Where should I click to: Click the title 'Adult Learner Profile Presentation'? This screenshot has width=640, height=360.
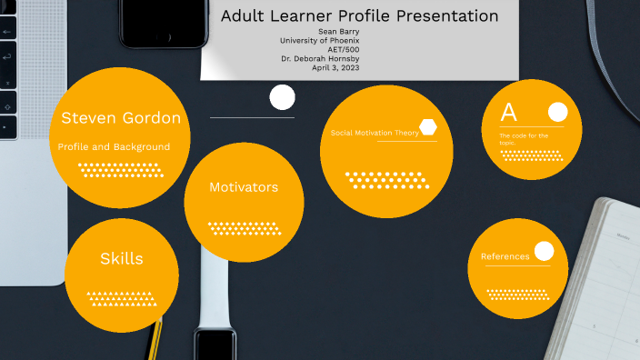click(x=360, y=16)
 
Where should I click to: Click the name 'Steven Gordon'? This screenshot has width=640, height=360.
click(x=121, y=118)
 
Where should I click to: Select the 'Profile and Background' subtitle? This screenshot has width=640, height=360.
click(x=114, y=146)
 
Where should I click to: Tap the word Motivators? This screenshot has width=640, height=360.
click(x=244, y=187)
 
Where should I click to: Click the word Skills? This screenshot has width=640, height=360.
click(x=122, y=259)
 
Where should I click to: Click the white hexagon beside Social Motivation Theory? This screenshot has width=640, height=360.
click(x=427, y=128)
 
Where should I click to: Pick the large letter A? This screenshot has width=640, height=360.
click(x=509, y=113)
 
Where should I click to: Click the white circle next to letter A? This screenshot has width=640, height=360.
click(x=557, y=112)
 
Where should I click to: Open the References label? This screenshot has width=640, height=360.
click(x=505, y=256)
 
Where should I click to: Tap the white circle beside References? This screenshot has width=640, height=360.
click(x=544, y=251)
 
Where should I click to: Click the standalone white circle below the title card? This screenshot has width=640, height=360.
click(x=283, y=96)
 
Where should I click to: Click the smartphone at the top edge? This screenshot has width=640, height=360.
click(x=162, y=22)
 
